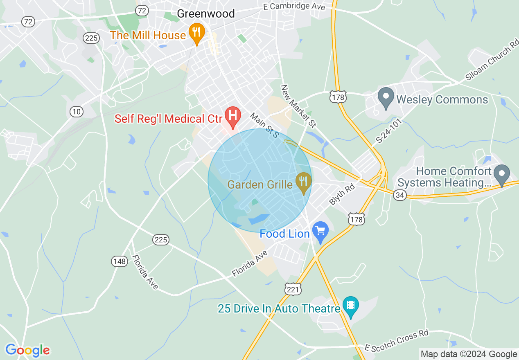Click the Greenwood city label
coord(205,13)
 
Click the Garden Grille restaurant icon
coord(303,182)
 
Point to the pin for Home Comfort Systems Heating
coord(502,175)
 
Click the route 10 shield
coord(76,111)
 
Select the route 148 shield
coord(120,261)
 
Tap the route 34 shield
coord(400,195)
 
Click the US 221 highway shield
coord(293,289)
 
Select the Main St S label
coord(264,125)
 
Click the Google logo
coord(27,350)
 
